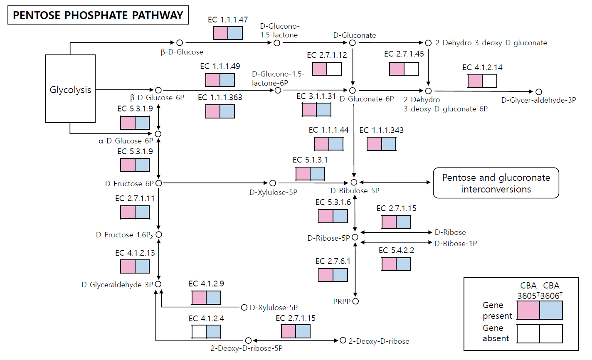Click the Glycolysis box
coord(70,89)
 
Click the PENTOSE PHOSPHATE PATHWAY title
coord(98,15)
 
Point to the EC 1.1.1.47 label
coord(228,20)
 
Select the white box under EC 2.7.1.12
coord(334,69)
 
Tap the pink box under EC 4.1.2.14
coord(475,81)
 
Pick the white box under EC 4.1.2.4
coord(199,332)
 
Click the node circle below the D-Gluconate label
coord(353,43)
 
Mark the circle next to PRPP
coord(355,301)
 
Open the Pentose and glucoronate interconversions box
coord(496,183)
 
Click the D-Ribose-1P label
coord(456,244)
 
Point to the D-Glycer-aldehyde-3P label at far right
coord(538,100)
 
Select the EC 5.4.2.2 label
coord(396,250)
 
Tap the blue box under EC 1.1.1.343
coord(389,144)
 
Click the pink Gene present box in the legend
coord(528,310)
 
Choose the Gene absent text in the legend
coord(493,333)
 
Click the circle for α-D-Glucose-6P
coord(158,134)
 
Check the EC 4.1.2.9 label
coord(206,284)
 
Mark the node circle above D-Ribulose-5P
coord(354,182)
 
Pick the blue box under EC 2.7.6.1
coord(340,275)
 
